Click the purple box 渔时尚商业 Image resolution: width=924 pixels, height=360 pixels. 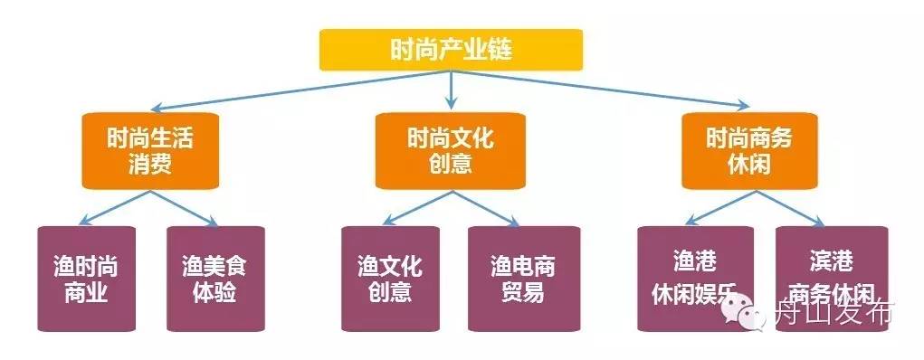(86, 279)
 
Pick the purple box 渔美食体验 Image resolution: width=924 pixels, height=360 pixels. (214, 279)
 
